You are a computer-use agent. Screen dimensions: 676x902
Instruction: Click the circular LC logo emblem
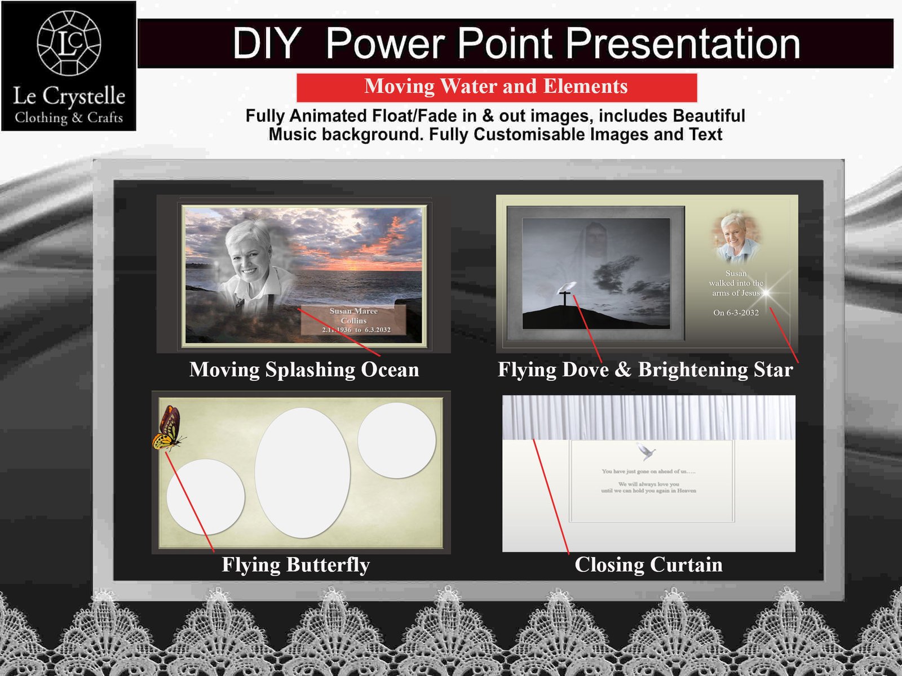[69, 43]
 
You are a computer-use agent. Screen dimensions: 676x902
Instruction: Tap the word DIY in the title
[266, 43]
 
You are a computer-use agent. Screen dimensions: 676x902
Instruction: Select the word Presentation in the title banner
[683, 43]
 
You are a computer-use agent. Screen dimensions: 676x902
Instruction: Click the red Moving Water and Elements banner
[496, 87]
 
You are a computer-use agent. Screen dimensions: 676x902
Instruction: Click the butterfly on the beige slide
[168, 428]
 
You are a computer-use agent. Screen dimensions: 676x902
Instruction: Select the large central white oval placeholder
[303, 473]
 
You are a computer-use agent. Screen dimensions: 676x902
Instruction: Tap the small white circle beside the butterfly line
[205, 496]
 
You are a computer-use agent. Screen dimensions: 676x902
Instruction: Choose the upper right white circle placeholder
[396, 440]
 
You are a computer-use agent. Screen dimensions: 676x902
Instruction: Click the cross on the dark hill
[564, 297]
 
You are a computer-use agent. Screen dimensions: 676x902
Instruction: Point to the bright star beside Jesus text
[766, 292]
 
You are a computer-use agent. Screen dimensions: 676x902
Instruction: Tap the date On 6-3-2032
[736, 313]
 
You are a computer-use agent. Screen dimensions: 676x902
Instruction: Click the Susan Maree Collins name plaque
[353, 320]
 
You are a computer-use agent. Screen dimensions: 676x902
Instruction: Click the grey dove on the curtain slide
[646, 451]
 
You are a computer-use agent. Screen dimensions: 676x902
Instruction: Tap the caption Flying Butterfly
[295, 564]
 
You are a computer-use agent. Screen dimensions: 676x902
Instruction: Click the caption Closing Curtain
[648, 564]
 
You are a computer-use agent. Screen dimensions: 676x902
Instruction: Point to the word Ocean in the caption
[390, 370]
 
